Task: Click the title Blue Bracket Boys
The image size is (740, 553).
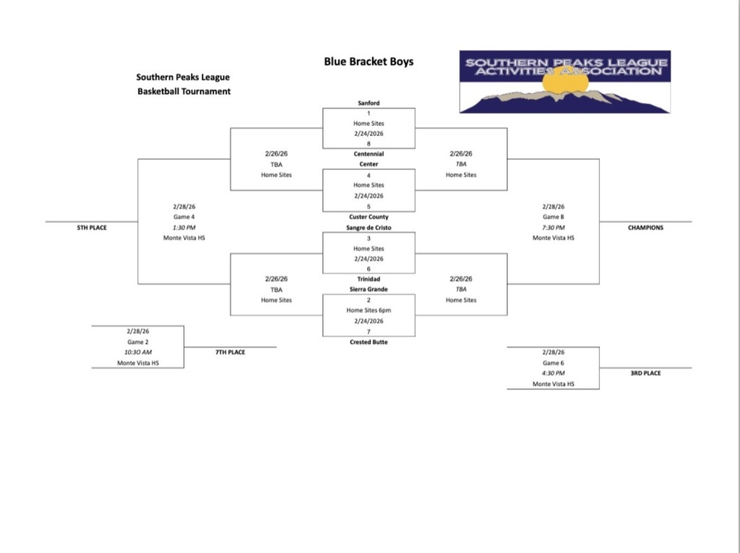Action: tap(369, 61)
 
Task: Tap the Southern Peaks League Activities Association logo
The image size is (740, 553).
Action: tap(564, 82)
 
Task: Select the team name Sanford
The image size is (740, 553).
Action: tap(369, 103)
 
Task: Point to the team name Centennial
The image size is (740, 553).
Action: tap(369, 154)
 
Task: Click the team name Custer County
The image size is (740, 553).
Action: tap(369, 217)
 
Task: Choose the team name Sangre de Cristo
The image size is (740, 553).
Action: tap(369, 227)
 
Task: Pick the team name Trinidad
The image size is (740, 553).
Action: tap(369, 279)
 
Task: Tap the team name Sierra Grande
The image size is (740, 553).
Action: tap(369, 289)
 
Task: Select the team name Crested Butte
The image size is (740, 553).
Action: tap(369, 342)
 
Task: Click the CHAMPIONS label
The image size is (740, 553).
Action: tap(645, 228)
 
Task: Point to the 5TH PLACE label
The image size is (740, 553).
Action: tap(92, 228)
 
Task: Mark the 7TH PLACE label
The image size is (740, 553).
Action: tap(231, 353)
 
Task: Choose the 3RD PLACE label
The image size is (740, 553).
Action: tap(645, 374)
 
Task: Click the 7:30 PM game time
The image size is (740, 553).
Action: tap(553, 227)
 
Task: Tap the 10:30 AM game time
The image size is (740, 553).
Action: tap(138, 352)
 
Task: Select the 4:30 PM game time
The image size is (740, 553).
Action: tap(553, 373)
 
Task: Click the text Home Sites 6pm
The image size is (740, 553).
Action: tap(369, 310)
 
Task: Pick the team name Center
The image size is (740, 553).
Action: tap(369, 164)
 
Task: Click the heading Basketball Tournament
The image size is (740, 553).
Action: tap(184, 92)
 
